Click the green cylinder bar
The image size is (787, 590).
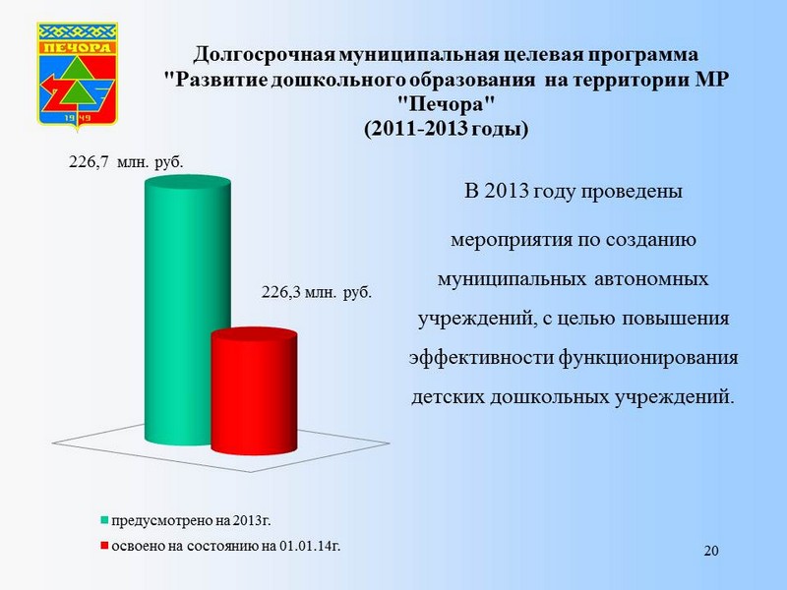(x=188, y=310)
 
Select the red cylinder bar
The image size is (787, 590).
(x=254, y=391)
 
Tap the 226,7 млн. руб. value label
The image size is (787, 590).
(x=126, y=162)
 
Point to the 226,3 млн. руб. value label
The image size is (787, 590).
(x=316, y=292)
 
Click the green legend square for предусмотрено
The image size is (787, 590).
(x=104, y=520)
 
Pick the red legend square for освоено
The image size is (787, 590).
(x=104, y=546)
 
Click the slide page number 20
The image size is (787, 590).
(x=711, y=551)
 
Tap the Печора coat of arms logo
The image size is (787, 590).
(x=78, y=76)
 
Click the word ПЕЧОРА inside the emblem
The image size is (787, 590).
(x=77, y=47)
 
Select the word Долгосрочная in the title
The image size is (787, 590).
(x=265, y=55)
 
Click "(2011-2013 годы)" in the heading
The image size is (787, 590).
(x=447, y=129)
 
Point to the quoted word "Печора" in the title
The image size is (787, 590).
(x=447, y=104)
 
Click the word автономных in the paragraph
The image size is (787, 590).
(x=651, y=278)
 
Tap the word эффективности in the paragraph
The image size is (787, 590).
(x=481, y=359)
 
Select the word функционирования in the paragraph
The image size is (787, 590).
(x=648, y=359)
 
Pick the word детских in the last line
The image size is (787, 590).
(x=449, y=397)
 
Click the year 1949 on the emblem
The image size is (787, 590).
(x=77, y=117)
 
